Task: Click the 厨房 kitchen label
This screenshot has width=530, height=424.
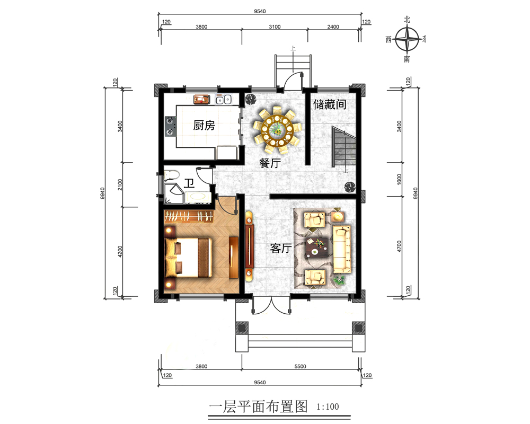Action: (x=204, y=126)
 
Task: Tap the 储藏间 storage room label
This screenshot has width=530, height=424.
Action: (x=330, y=104)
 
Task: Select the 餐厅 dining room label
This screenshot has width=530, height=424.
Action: (x=270, y=163)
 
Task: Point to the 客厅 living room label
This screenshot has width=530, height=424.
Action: (x=281, y=248)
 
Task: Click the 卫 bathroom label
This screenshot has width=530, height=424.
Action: (x=189, y=183)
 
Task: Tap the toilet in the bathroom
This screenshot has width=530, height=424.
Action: (x=172, y=175)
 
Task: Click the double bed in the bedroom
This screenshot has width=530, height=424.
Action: (x=188, y=258)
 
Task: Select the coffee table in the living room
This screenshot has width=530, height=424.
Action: (x=317, y=248)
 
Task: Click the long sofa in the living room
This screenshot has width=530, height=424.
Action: (x=342, y=249)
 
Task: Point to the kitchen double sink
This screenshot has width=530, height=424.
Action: (x=224, y=100)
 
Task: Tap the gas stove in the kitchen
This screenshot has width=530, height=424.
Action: (x=170, y=126)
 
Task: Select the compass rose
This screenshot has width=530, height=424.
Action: (x=407, y=39)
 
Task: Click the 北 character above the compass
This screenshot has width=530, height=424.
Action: (x=407, y=20)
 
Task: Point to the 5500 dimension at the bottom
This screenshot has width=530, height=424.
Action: (x=300, y=366)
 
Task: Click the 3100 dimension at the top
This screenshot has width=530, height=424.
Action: (x=275, y=26)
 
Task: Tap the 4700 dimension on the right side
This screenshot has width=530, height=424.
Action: (x=399, y=246)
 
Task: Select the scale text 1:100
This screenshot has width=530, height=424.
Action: (x=328, y=407)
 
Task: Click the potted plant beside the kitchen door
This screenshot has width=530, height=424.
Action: (x=251, y=100)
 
